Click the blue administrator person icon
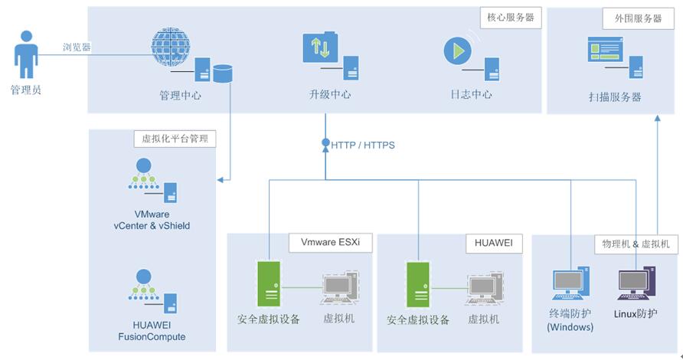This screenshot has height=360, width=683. tap(26, 55)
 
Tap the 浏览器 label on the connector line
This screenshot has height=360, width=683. tap(77, 47)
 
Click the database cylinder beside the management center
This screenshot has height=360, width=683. tap(222, 74)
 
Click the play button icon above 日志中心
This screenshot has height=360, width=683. tap(458, 51)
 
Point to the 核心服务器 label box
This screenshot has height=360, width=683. tap(511, 17)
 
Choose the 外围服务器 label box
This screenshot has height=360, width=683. tap(632, 18)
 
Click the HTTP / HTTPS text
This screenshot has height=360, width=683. tap(363, 145)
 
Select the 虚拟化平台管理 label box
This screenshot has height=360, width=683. tap(175, 139)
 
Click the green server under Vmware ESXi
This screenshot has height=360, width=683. tap(268, 286)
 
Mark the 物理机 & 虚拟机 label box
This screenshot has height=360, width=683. tap(636, 244)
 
